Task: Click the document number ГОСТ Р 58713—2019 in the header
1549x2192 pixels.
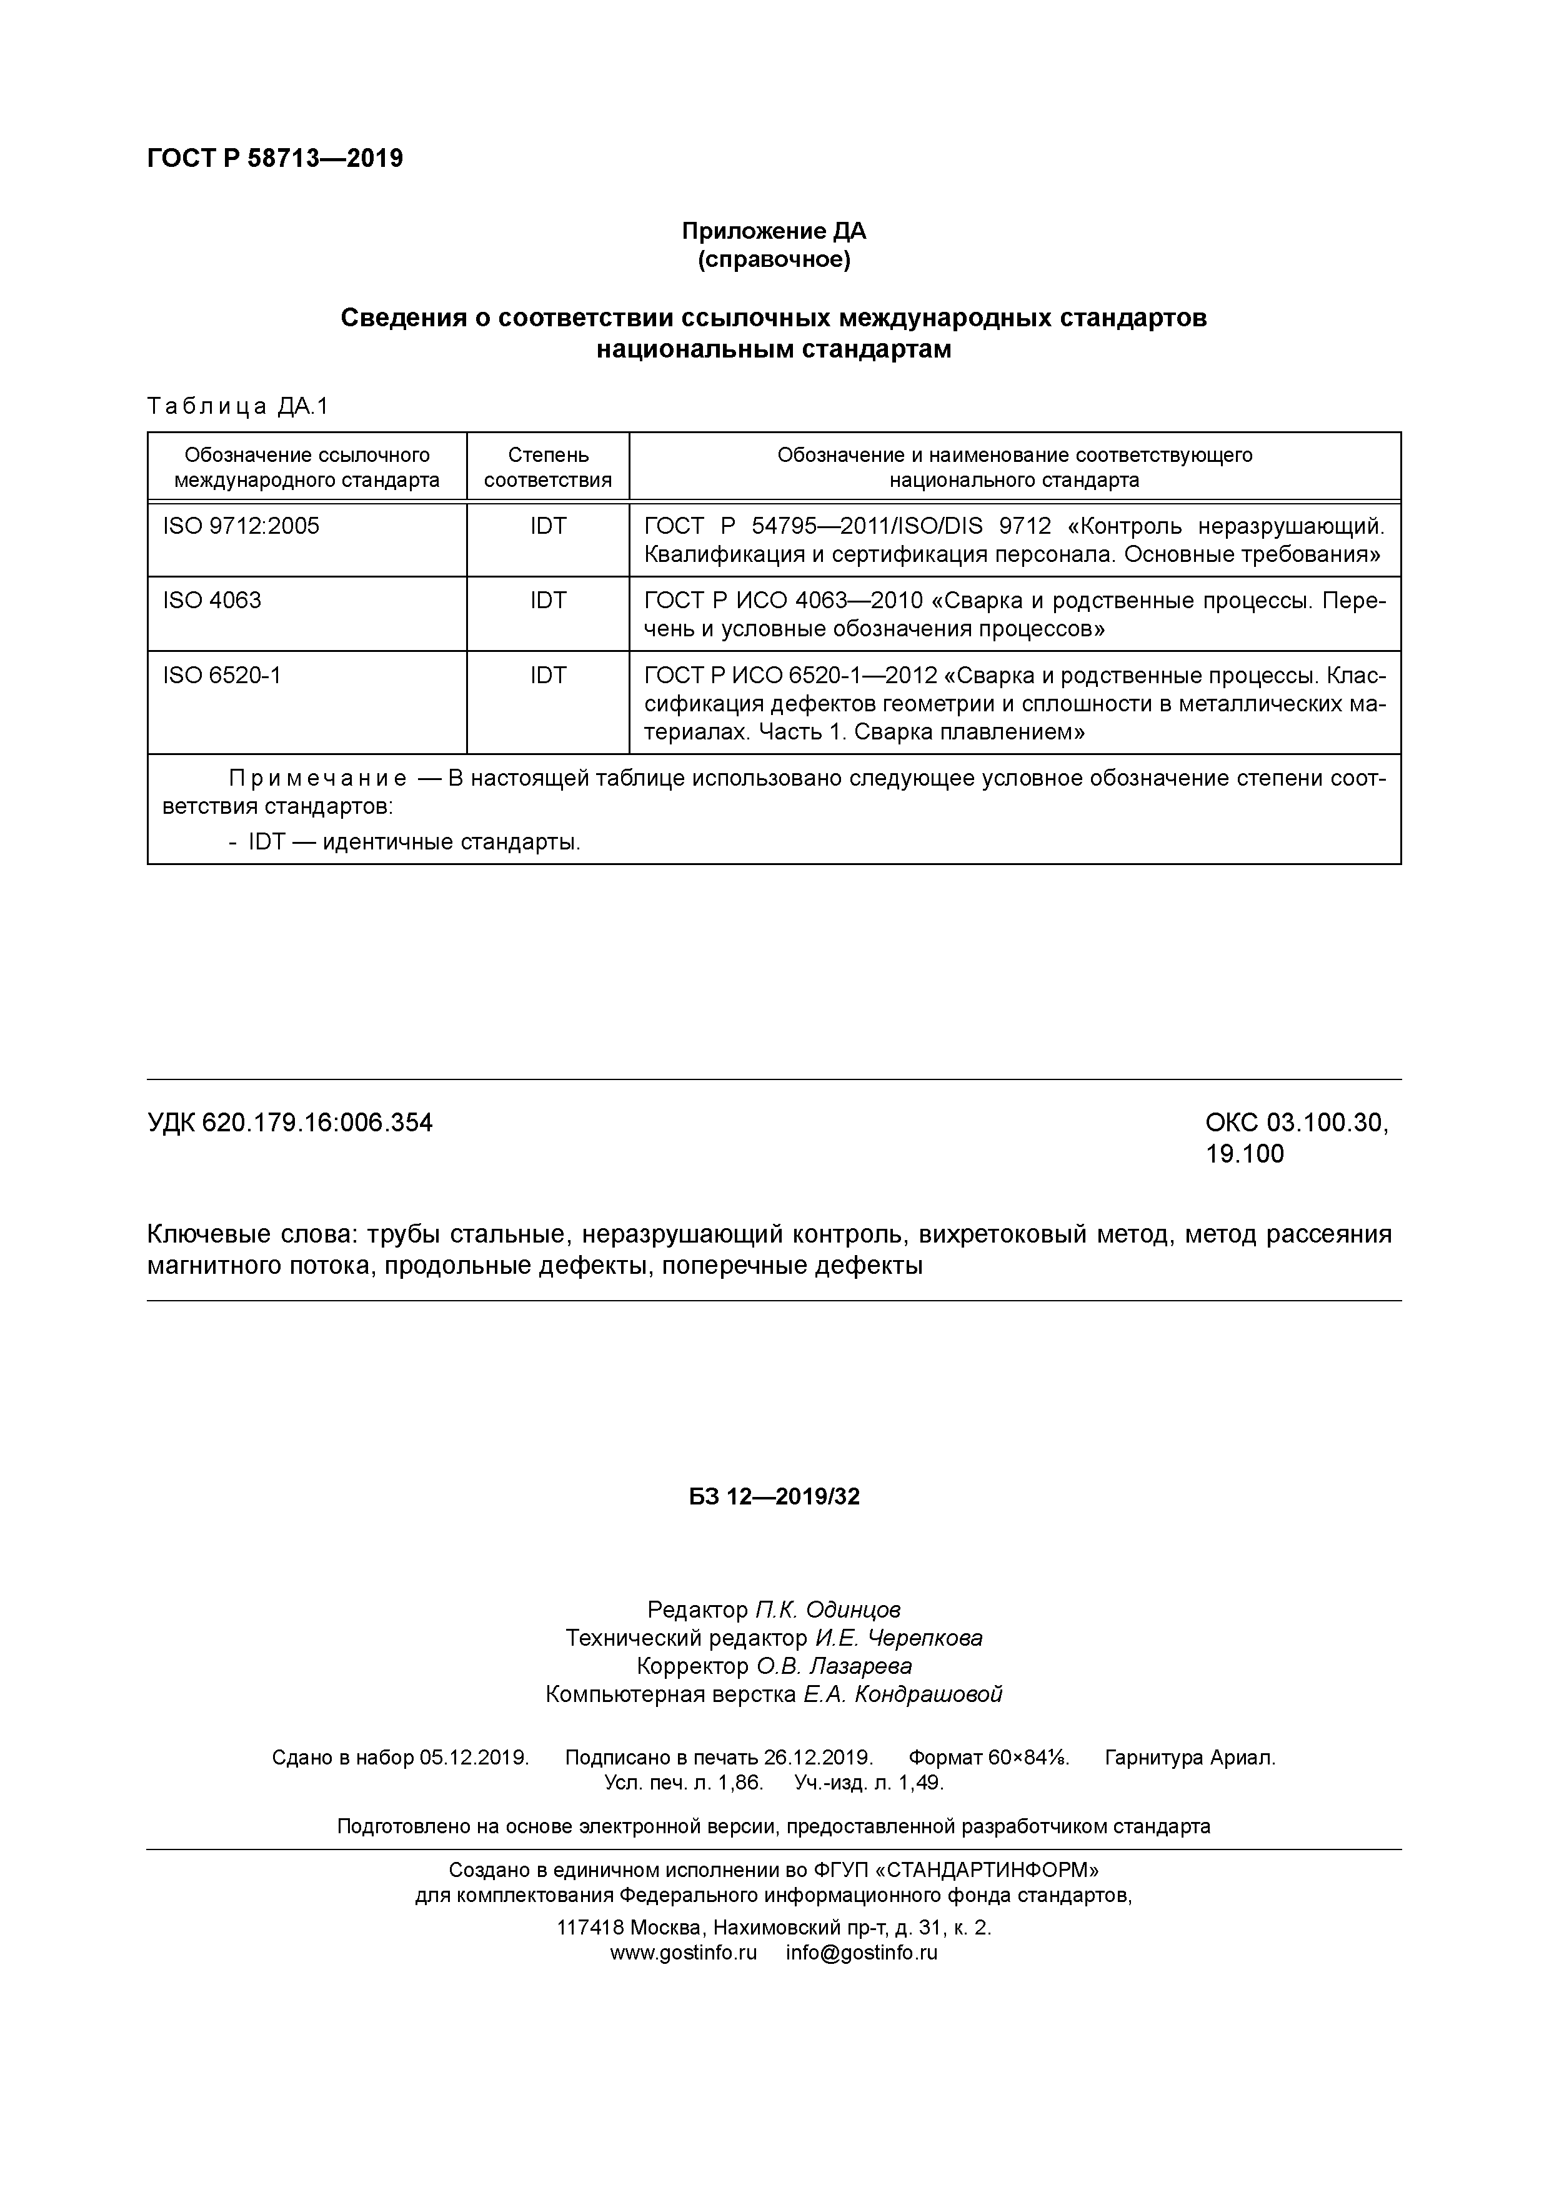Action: pos(275,159)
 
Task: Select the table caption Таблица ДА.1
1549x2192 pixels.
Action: pos(237,407)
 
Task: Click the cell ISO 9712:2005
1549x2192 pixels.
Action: pos(241,526)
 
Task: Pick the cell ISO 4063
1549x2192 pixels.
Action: pos(212,601)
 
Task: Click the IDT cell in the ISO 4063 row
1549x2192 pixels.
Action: pos(548,601)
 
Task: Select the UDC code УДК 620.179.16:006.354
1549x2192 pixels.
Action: pos(290,1123)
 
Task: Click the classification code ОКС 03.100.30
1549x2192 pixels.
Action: pos(1296,1123)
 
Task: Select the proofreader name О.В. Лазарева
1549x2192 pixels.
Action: pos(834,1666)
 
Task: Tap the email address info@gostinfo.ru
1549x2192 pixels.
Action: pos(862,1953)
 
